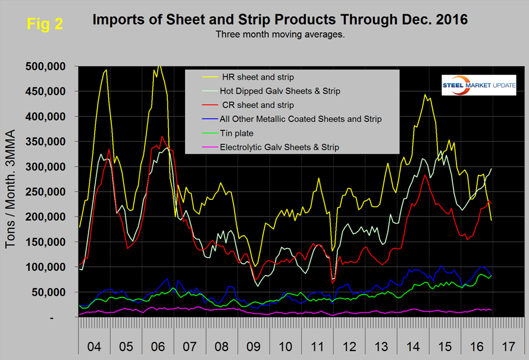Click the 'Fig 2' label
pos(45,25)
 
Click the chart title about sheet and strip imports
pos(280,20)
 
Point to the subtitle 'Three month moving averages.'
pos(280,35)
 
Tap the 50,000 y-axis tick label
pos(51,292)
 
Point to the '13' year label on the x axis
pos(382,346)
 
